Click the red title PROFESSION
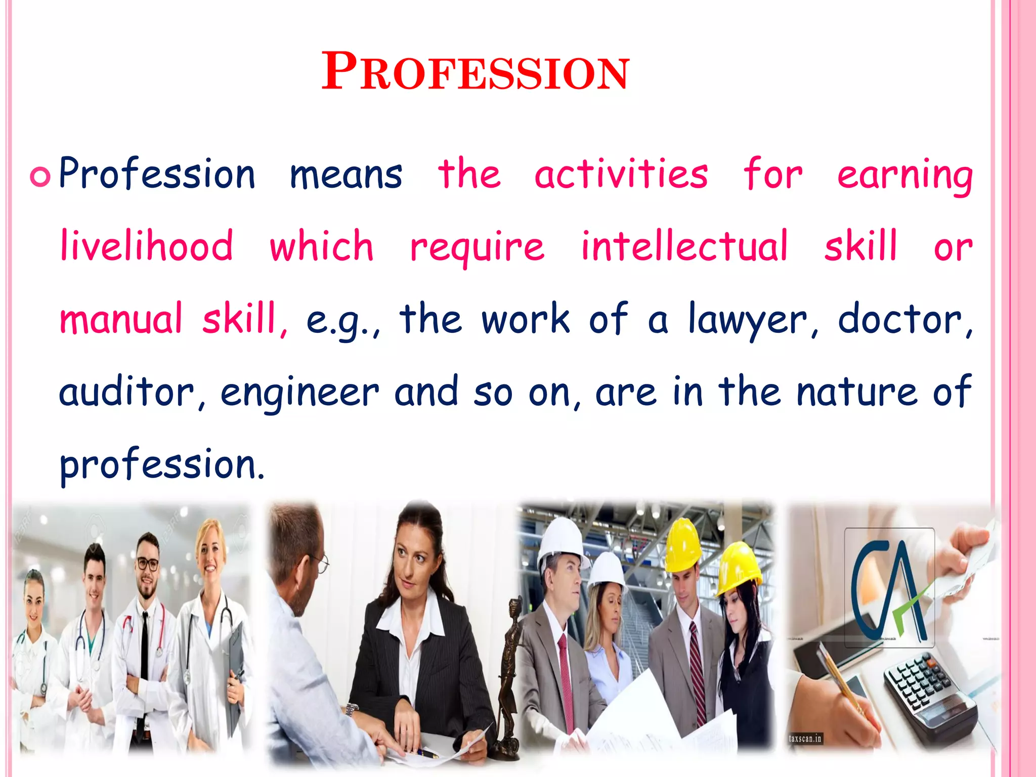click(476, 72)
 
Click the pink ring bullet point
click(40, 177)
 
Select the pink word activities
click(621, 175)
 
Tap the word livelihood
click(147, 246)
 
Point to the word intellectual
click(684, 246)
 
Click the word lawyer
click(749, 320)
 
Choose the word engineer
click(299, 394)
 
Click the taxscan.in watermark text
click(805, 739)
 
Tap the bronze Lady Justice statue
click(511, 673)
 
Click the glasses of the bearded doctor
click(148, 564)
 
